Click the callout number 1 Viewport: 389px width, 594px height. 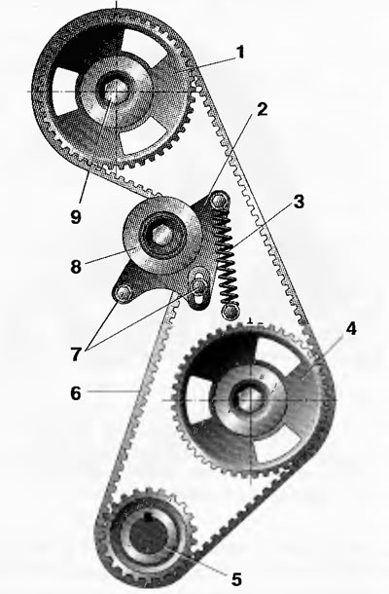click(x=239, y=53)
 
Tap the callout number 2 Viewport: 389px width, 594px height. click(x=262, y=109)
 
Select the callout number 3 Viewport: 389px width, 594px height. click(x=299, y=202)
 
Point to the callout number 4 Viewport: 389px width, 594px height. click(x=351, y=329)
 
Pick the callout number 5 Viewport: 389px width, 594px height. click(x=236, y=579)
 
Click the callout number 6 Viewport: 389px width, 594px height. click(x=76, y=393)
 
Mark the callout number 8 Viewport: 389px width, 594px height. click(x=76, y=266)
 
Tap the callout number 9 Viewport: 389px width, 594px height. click(x=76, y=217)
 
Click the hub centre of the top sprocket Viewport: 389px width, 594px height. click(x=115, y=92)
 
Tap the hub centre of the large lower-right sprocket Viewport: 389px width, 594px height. click(x=250, y=399)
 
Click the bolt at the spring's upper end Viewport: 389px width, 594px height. click(x=219, y=201)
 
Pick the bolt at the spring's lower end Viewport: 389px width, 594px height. click(x=230, y=312)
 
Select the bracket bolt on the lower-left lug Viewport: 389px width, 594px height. click(x=123, y=293)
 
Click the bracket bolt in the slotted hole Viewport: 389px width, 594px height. click(x=198, y=285)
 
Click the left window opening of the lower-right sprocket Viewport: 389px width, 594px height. click(x=199, y=400)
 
